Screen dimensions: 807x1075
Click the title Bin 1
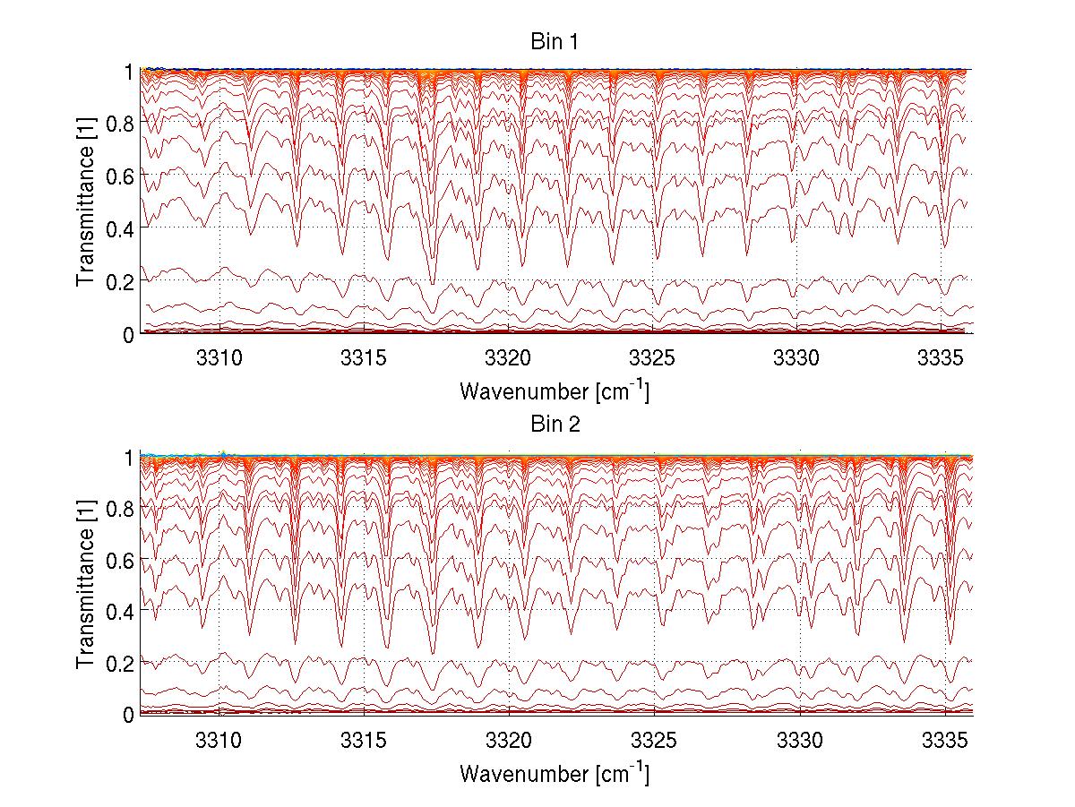pyautogui.click(x=555, y=42)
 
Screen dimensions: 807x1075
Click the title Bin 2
pyautogui.click(x=555, y=424)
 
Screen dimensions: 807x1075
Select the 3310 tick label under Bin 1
pyautogui.click(x=219, y=357)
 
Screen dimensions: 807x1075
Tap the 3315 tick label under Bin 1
pyautogui.click(x=364, y=357)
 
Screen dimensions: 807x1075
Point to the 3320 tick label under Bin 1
pyautogui.click(x=509, y=357)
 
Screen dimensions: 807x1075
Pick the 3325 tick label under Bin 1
pyautogui.click(x=654, y=357)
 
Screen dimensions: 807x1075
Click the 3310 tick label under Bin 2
pyautogui.click(x=219, y=739)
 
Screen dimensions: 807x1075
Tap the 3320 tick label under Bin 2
pyautogui.click(x=509, y=739)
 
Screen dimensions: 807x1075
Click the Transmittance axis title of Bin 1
pyautogui.click(x=86, y=202)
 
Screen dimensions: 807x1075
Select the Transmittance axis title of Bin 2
pyautogui.click(x=86, y=584)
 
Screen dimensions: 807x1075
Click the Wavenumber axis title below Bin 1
pyautogui.click(x=555, y=391)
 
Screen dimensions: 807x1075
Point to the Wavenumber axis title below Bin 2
pyautogui.click(x=555, y=772)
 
